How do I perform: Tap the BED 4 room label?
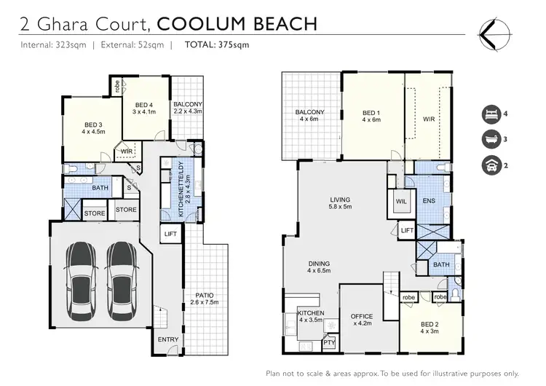pos(145,108)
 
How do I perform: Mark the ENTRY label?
pos(168,339)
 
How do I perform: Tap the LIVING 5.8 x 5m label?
pos(340,202)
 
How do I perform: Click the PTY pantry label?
pos(328,342)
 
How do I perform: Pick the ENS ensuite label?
pos(429,200)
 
